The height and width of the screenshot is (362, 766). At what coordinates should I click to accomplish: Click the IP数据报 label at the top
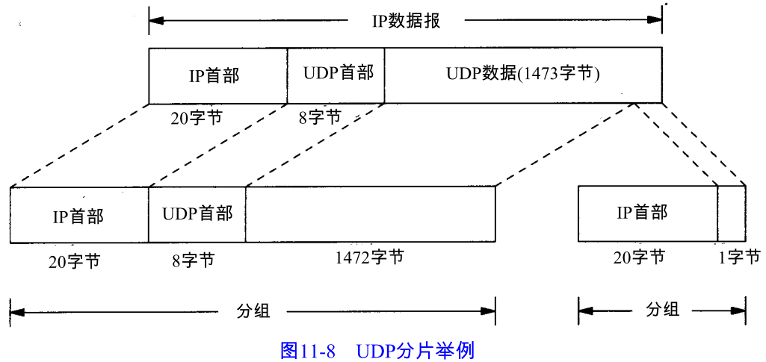coord(406,20)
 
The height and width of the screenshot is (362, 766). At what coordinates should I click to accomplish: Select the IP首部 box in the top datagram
coord(217,75)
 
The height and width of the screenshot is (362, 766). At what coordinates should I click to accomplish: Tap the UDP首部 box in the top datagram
coord(336,75)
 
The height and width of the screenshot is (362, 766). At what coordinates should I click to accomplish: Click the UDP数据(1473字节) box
coord(523,75)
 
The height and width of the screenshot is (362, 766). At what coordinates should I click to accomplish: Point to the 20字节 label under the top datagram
coord(196,117)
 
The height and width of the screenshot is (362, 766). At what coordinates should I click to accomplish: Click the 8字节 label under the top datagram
coord(319,117)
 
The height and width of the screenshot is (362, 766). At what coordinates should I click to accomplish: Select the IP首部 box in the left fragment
coord(78,215)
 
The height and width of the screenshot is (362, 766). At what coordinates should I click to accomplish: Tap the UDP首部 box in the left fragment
coord(197,214)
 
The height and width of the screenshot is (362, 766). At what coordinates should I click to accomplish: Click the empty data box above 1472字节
coord(370,214)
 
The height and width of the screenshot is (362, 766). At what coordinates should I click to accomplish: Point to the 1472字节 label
coord(369,258)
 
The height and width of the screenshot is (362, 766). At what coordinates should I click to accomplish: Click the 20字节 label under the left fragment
coord(72,261)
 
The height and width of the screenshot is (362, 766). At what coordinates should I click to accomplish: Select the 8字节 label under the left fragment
coord(193,260)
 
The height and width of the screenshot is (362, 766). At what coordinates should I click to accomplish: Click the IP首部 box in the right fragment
coord(647,213)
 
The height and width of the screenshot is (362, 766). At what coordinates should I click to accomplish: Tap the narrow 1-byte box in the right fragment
coord(732,213)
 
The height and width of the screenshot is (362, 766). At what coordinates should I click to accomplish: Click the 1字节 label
coord(739,258)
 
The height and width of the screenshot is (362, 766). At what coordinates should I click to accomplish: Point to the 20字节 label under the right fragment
coord(638,258)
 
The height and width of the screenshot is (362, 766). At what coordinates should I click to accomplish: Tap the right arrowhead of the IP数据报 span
coord(655,20)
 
